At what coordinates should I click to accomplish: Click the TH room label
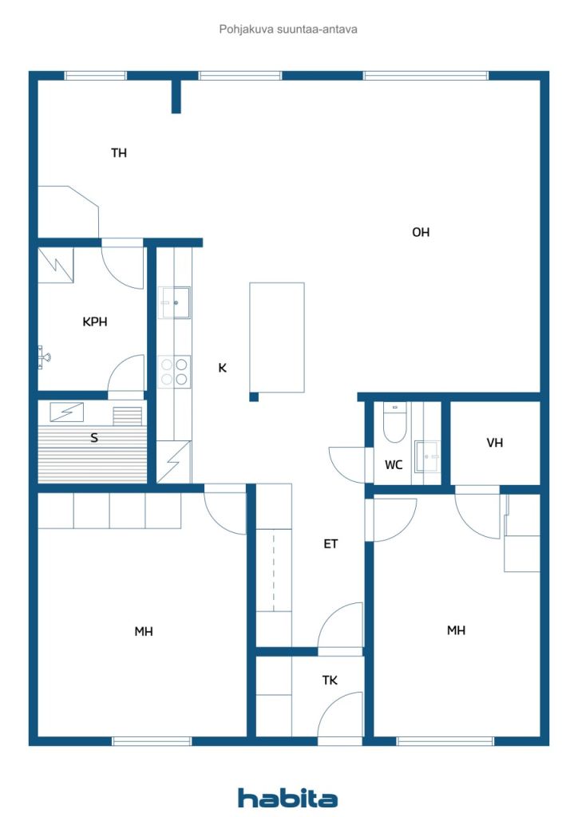119,152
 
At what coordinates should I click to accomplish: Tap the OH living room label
421,232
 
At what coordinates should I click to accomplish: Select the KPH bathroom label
95,322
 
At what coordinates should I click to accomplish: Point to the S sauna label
94,438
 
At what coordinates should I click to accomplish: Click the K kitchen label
223,368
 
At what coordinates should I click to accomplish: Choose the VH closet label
495,443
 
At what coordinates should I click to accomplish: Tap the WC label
394,465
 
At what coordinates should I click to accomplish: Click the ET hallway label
331,544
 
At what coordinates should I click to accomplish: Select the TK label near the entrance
330,680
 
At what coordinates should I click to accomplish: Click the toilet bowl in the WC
394,423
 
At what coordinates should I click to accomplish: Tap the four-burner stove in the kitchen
174,372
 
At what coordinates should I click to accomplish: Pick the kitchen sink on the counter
174,302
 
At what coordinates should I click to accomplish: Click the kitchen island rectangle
277,337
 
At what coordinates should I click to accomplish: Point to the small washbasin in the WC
427,456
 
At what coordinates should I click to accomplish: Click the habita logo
287,798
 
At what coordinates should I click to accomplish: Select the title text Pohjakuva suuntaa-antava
288,30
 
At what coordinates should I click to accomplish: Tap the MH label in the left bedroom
144,632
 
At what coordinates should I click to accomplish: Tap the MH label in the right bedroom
456,630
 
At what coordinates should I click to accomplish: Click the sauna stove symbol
67,412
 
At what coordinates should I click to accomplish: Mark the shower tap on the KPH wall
44,357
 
